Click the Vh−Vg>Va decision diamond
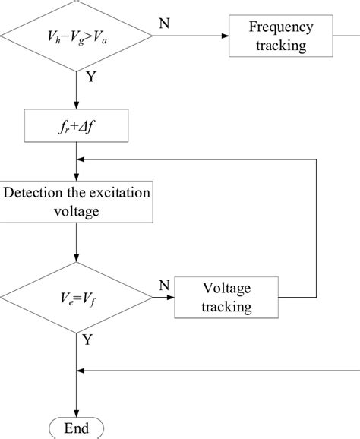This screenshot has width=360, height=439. pyautogui.click(x=77, y=35)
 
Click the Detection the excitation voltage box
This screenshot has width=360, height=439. pyautogui.click(x=77, y=201)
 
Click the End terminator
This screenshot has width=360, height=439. pyautogui.click(x=77, y=428)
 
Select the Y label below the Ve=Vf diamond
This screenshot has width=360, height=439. pyautogui.click(x=87, y=340)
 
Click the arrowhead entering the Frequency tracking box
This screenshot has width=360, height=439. pyautogui.click(x=224, y=36)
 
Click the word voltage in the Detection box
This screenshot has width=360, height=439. pyautogui.click(x=77, y=211)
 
